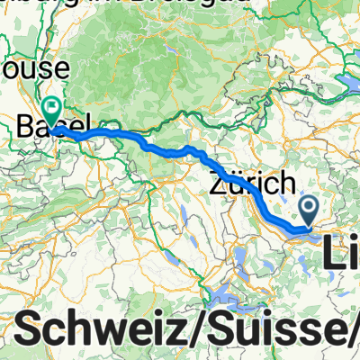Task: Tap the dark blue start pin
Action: [x=308, y=211]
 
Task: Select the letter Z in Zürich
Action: [x=219, y=180]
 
